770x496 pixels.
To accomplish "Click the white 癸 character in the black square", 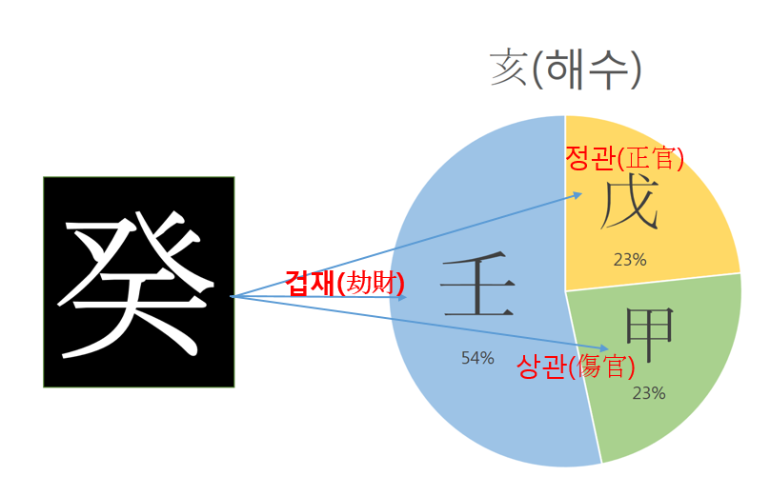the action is [x=138, y=282].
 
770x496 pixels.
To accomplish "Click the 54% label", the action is [x=477, y=358].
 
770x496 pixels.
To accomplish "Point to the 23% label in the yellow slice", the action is [x=630, y=258].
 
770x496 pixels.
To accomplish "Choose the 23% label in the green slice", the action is [x=648, y=392].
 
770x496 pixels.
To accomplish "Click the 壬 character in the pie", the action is [x=477, y=288].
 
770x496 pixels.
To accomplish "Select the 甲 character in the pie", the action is [x=650, y=335].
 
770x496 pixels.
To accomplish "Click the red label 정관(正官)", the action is [x=624, y=158].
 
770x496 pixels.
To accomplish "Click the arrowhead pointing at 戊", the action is [x=578, y=195].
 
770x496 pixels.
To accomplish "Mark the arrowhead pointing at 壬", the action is [x=403, y=297].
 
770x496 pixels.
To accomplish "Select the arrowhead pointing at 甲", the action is [x=604, y=349].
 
